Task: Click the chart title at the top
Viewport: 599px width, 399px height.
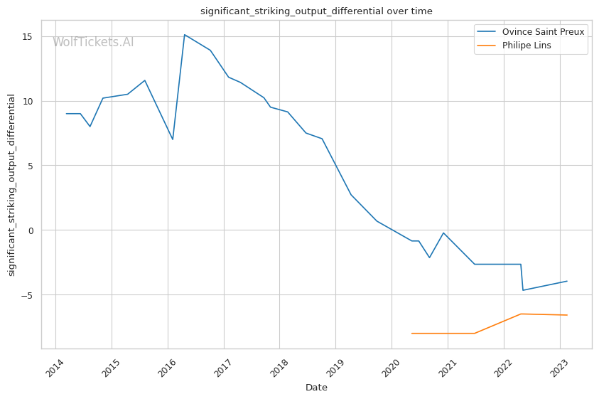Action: click(x=316, y=11)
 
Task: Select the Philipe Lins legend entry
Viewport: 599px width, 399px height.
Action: click(x=527, y=45)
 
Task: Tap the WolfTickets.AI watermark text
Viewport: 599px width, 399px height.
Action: click(x=93, y=43)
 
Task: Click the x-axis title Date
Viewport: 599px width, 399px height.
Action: click(x=316, y=388)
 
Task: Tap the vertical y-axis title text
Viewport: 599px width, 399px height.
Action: click(x=11, y=185)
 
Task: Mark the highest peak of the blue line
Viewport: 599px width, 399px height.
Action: click(x=185, y=34)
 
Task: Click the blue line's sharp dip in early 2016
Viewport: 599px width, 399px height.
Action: click(x=172, y=139)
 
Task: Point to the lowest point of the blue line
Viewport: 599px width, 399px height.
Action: click(x=523, y=290)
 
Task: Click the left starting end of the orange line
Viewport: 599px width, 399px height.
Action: click(x=411, y=334)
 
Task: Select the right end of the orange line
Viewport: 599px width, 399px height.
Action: click(x=567, y=315)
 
